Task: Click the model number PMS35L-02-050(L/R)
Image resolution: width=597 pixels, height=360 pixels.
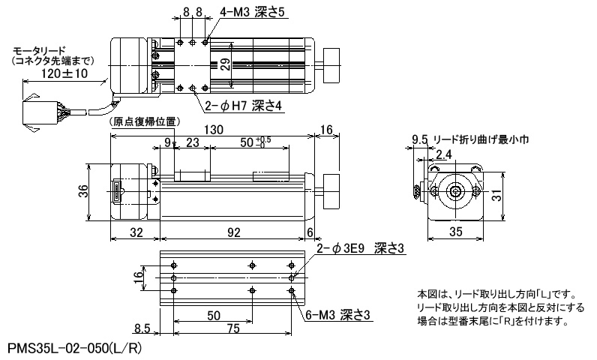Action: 75,349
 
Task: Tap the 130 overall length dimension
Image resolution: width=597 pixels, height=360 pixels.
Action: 214,130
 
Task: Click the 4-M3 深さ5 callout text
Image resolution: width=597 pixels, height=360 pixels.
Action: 252,12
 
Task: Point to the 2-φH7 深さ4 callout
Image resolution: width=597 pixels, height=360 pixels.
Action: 243,106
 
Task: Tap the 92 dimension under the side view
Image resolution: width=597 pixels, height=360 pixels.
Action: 234,232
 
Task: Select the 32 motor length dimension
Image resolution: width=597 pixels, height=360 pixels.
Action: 136,232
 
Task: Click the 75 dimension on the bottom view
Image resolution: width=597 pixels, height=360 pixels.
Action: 233,328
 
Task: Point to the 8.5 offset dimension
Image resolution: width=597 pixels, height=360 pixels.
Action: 142,328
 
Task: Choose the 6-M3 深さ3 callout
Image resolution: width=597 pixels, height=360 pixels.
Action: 338,315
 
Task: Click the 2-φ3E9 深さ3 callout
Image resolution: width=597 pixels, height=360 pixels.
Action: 360,248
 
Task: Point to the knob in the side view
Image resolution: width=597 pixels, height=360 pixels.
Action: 331,191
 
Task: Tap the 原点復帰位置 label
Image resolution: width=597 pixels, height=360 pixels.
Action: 145,121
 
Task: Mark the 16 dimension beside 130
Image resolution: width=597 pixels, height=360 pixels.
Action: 327,130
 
